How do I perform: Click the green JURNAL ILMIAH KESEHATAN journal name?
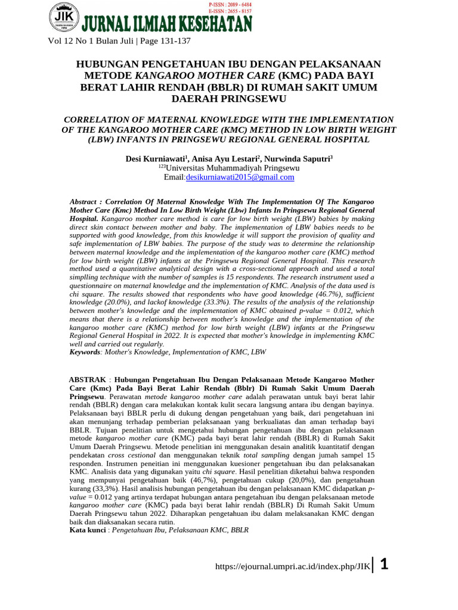167,24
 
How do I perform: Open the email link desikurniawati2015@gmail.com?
240,177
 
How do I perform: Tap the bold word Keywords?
85,352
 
